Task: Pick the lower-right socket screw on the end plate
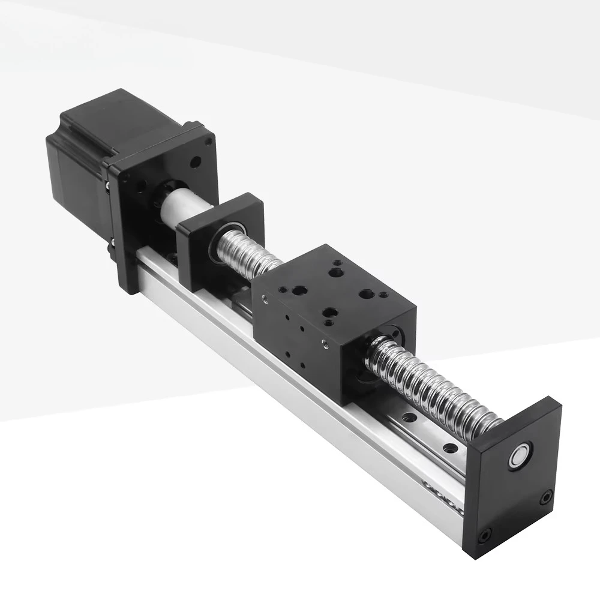coord(546,497)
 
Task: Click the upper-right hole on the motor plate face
coord(195,162)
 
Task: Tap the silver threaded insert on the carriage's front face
coord(325,344)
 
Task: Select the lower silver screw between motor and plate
coord(112,246)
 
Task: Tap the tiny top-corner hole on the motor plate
coord(208,142)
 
